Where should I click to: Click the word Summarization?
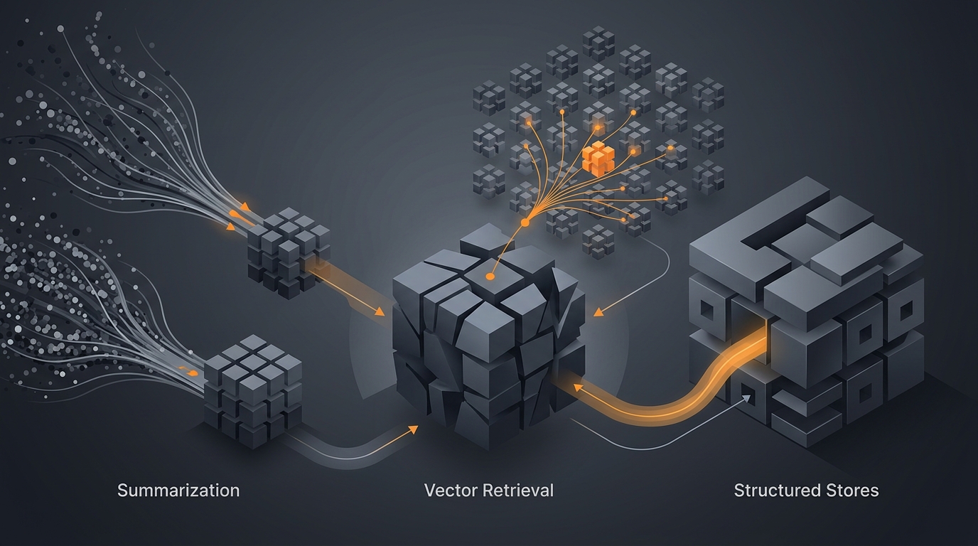pyautogui.click(x=178, y=491)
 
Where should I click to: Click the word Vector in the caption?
pyautogui.click(x=450, y=491)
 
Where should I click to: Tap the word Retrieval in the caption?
pyautogui.click(x=518, y=491)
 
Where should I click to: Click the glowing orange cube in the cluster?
pyautogui.click(x=598, y=159)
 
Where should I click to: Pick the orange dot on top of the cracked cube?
pyautogui.click(x=490, y=277)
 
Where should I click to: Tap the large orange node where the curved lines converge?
pyautogui.click(x=525, y=223)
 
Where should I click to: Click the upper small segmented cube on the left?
pyautogui.click(x=289, y=253)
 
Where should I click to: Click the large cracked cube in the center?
pyautogui.click(x=488, y=336)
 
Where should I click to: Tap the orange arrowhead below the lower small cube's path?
pyautogui.click(x=412, y=430)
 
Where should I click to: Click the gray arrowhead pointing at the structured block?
pyautogui.click(x=746, y=398)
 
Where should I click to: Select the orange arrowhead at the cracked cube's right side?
pyautogui.click(x=598, y=312)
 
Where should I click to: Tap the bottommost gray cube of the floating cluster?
pyautogui.click(x=598, y=242)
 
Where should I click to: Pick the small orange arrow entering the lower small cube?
pyautogui.click(x=190, y=373)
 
